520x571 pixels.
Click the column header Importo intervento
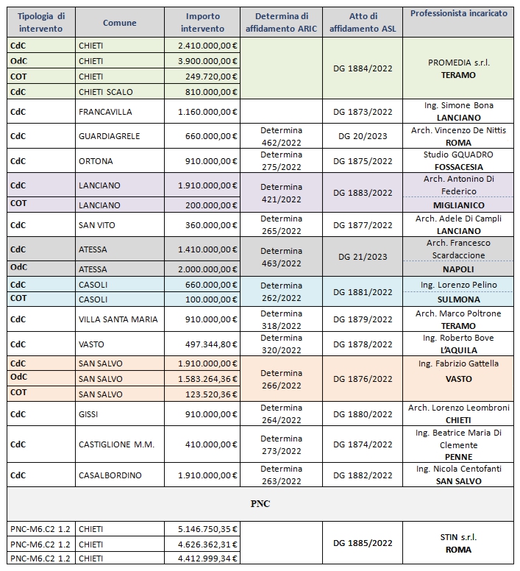click(202, 23)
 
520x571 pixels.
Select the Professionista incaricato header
click(458, 14)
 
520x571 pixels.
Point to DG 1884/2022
click(363, 68)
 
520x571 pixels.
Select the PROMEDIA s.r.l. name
click(459, 63)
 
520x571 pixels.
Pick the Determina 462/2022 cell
click(281, 136)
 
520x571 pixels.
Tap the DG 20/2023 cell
click(363, 136)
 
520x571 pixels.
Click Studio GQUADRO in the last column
click(459, 155)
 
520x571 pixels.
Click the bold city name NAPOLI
click(459, 269)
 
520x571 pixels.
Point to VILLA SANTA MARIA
click(118, 319)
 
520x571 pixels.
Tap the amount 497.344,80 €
click(208, 344)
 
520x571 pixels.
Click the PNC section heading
click(261, 505)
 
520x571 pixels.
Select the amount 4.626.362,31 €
click(208, 545)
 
